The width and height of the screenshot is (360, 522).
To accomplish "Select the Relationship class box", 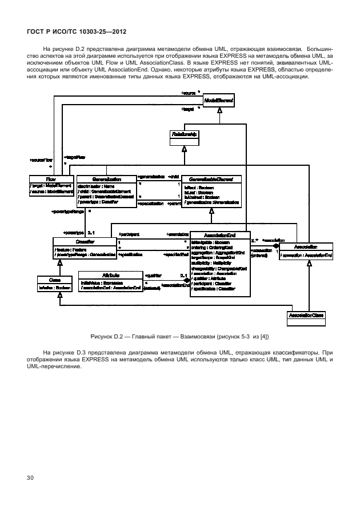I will click(185, 135).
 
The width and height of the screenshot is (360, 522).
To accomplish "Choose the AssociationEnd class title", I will click(219, 236).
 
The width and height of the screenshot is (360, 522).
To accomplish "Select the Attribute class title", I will click(109, 275).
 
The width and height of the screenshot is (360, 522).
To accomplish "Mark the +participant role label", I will click(130, 234).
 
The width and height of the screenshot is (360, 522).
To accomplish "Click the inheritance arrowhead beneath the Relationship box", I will click(184, 148).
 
